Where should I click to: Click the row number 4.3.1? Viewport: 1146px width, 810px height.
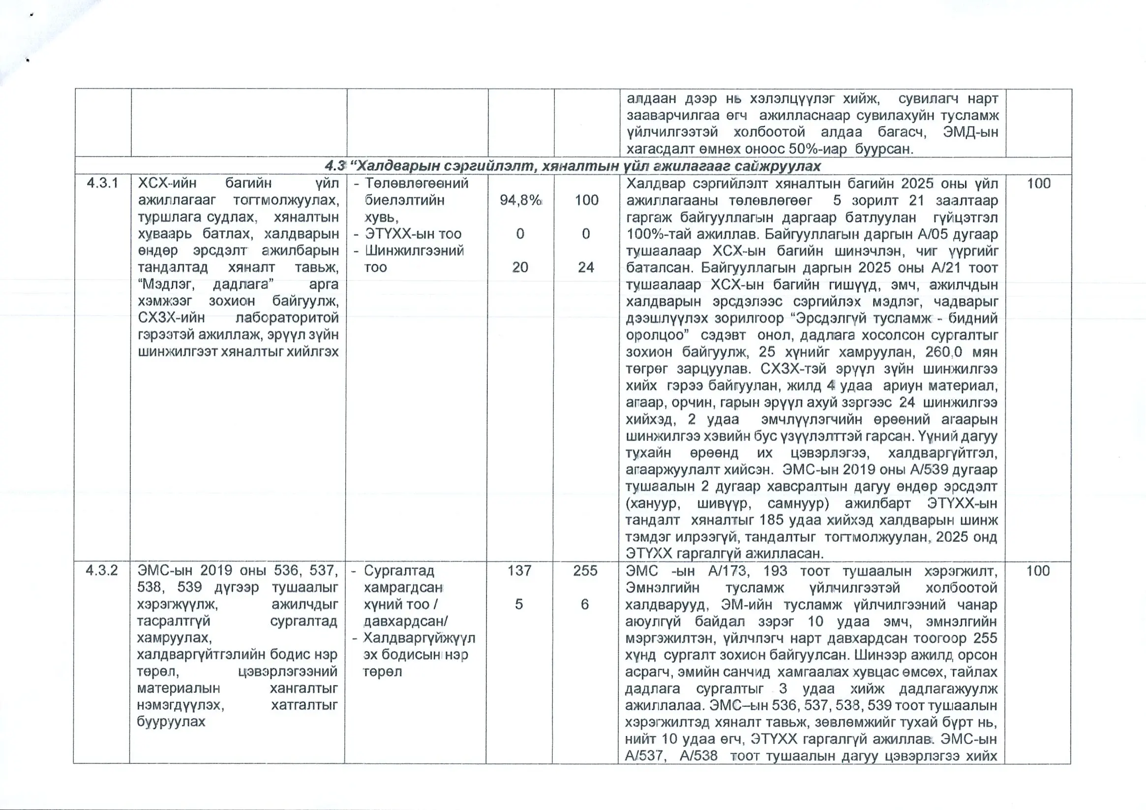pyautogui.click(x=102, y=183)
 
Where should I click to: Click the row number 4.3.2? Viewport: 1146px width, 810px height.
pyautogui.click(x=101, y=570)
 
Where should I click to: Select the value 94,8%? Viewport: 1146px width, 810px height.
pyautogui.click(x=520, y=200)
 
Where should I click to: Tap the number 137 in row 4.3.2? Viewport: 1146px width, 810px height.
pyautogui.click(x=519, y=570)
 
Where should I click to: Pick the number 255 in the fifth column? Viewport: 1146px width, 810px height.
pyautogui.click(x=585, y=570)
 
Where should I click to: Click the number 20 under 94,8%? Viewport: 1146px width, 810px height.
pyautogui.click(x=519, y=267)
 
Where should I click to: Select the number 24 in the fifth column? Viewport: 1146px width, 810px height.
pyautogui.click(x=586, y=267)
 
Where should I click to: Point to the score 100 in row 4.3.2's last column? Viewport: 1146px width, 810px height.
pyautogui.click(x=1038, y=571)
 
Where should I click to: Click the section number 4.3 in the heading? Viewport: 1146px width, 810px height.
pyautogui.click(x=335, y=166)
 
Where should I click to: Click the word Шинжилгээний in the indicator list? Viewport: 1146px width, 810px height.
pyautogui.click(x=414, y=250)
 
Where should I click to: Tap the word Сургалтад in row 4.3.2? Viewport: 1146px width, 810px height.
pyautogui.click(x=399, y=570)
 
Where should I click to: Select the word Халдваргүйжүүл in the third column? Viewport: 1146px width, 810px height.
pyautogui.click(x=419, y=638)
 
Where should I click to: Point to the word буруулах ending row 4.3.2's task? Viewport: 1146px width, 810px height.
pyautogui.click(x=171, y=721)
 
